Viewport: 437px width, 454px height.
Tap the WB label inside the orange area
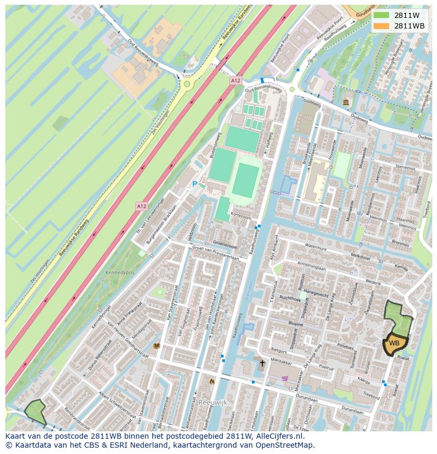394,343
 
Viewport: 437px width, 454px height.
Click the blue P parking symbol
194,184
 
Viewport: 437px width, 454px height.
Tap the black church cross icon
262,363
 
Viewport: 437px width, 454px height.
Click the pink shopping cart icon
285,378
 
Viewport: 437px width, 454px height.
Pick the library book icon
156,346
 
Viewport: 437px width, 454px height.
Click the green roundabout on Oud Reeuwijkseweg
186,84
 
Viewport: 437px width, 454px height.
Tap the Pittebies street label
345,347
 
